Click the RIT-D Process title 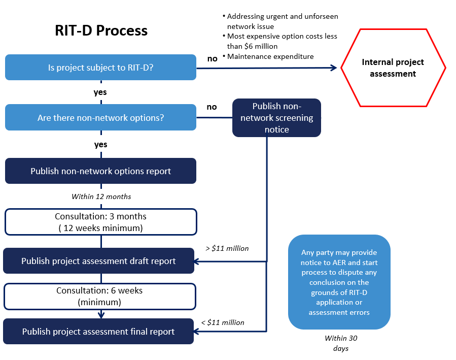coord(101,30)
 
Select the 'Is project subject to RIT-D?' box coord(100,67)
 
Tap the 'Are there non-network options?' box coord(100,117)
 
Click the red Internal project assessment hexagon coord(393,68)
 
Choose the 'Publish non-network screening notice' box coord(276,118)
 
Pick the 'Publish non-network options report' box coord(100,171)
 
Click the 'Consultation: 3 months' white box coord(100,222)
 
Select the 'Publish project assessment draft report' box coord(98,261)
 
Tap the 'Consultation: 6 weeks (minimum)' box coord(99,296)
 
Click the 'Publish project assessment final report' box coord(98,332)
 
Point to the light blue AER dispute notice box coord(339,282)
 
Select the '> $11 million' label coord(227,248)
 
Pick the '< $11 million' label coord(223,322)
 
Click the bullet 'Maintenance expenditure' coord(270,56)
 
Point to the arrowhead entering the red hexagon coord(333,68)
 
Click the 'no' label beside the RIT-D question coord(212,58)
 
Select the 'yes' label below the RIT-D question coord(100,92)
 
